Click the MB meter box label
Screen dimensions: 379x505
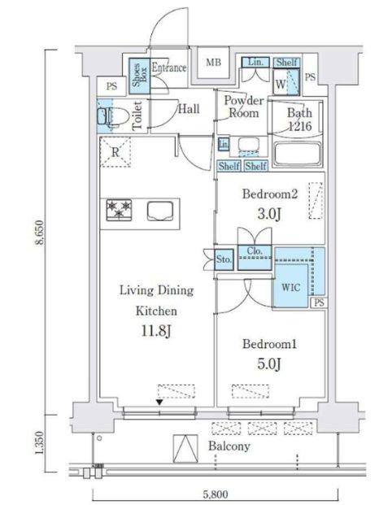(213, 62)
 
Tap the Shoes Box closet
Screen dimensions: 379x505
(139, 76)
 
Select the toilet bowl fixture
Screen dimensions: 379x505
(113, 116)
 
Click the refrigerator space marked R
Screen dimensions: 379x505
(115, 152)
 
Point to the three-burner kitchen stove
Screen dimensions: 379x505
(119, 210)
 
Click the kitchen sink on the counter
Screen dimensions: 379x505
(160, 211)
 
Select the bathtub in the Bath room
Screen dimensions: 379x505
(297, 154)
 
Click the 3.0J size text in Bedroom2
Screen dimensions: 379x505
(269, 214)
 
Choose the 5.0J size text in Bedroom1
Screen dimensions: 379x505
(269, 364)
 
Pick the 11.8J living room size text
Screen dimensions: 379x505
(156, 331)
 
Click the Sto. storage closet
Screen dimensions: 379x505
(224, 259)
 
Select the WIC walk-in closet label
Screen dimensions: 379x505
(291, 287)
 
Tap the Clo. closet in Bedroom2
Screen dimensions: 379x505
(255, 257)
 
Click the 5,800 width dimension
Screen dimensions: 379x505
(216, 494)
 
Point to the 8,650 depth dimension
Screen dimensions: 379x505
(40, 233)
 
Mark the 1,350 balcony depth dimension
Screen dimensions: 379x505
(40, 444)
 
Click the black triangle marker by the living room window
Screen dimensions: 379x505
(159, 402)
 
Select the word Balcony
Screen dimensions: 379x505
(229, 446)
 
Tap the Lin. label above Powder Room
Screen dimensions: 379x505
(256, 62)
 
